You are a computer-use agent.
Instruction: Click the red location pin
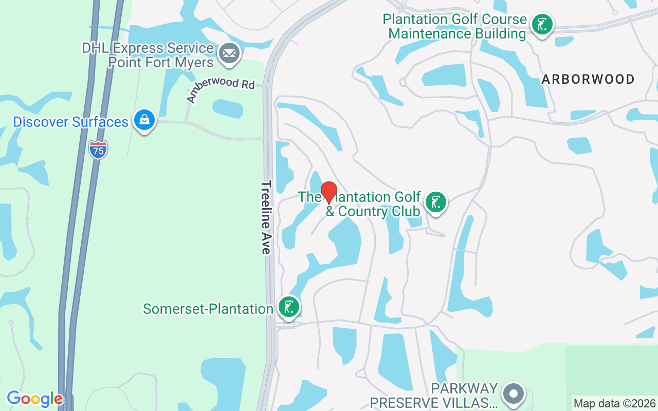tap(329, 192)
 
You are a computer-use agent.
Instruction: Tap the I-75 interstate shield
tap(98, 149)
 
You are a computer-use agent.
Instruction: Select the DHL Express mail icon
tap(229, 53)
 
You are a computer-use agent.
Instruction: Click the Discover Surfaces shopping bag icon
tap(144, 120)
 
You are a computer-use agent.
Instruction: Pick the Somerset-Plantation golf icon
tap(288, 307)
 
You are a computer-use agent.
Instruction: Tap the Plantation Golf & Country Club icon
tap(436, 202)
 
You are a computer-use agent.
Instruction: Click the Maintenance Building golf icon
tap(542, 25)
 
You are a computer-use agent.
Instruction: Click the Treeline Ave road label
tap(266, 217)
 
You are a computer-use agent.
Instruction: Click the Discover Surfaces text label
tap(70, 122)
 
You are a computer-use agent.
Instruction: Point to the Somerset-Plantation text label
tap(208, 309)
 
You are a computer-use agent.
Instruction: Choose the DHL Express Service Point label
tap(148, 55)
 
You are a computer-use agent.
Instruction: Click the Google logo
tap(34, 399)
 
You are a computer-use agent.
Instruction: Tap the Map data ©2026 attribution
tap(615, 403)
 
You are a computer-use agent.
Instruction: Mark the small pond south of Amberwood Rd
tap(228, 108)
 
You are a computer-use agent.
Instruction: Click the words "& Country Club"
tap(373, 211)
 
